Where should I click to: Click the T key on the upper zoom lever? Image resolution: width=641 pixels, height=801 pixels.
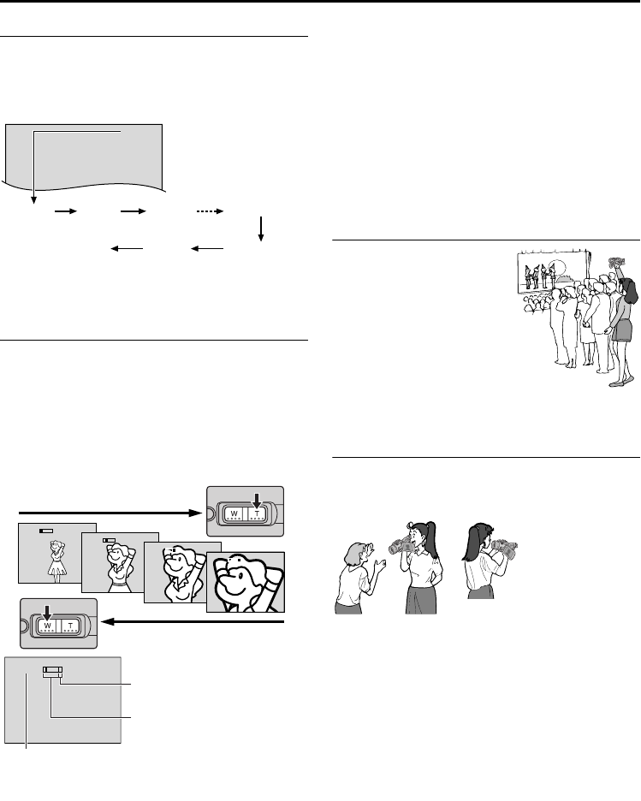click(257, 514)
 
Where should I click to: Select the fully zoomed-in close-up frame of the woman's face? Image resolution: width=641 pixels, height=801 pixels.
click(245, 583)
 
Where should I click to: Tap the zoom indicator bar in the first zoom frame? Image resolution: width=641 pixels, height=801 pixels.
click(47, 531)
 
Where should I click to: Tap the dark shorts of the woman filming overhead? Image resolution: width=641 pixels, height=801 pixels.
click(620, 328)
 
